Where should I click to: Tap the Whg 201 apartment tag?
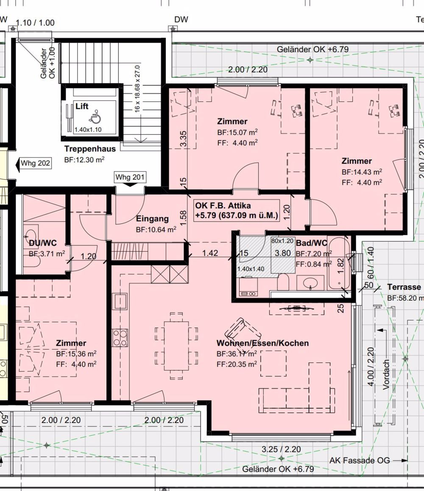click(130, 177)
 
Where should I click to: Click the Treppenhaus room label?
click(90, 149)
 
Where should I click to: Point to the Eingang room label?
click(152, 219)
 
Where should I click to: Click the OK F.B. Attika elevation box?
click(236, 210)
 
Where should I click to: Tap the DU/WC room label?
click(43, 243)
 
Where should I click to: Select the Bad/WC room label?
click(311, 243)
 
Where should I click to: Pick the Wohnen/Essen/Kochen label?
click(262, 343)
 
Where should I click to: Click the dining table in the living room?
click(176, 346)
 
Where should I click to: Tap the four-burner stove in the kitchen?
click(120, 338)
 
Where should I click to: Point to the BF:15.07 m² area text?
click(237, 132)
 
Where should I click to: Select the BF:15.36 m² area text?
click(76, 353)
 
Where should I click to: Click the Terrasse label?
click(404, 287)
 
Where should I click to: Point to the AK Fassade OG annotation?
click(360, 460)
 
